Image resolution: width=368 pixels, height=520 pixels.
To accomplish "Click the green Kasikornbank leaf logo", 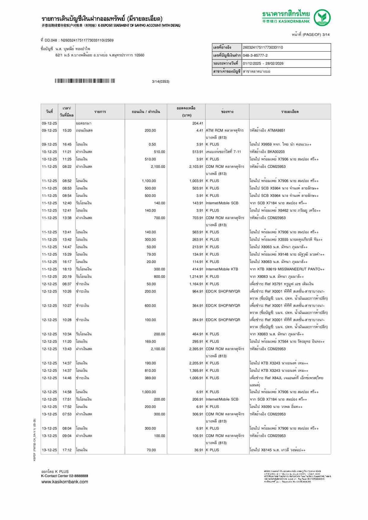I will point(322,18).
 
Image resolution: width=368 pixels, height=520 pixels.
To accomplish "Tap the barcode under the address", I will point(84,81).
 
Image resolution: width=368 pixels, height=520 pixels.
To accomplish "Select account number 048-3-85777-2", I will point(255,55).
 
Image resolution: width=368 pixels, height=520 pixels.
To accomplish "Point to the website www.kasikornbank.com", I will point(65,482).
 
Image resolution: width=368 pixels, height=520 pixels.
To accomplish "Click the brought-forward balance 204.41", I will point(197,123).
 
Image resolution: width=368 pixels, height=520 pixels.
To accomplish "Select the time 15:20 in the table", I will point(67,131).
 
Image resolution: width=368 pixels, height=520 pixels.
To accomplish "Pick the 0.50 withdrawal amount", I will point(152,145).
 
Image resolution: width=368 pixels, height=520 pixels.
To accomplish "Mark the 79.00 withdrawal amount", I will point(151,255).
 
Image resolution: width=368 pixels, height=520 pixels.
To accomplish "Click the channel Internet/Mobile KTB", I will point(222,269).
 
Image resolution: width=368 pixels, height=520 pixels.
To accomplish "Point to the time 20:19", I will point(67,277).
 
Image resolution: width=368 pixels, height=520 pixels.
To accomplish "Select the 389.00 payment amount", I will point(150,378).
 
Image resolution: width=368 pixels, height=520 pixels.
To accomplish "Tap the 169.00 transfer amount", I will point(150,342).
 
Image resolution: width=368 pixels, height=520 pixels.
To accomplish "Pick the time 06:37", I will point(67,284).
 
